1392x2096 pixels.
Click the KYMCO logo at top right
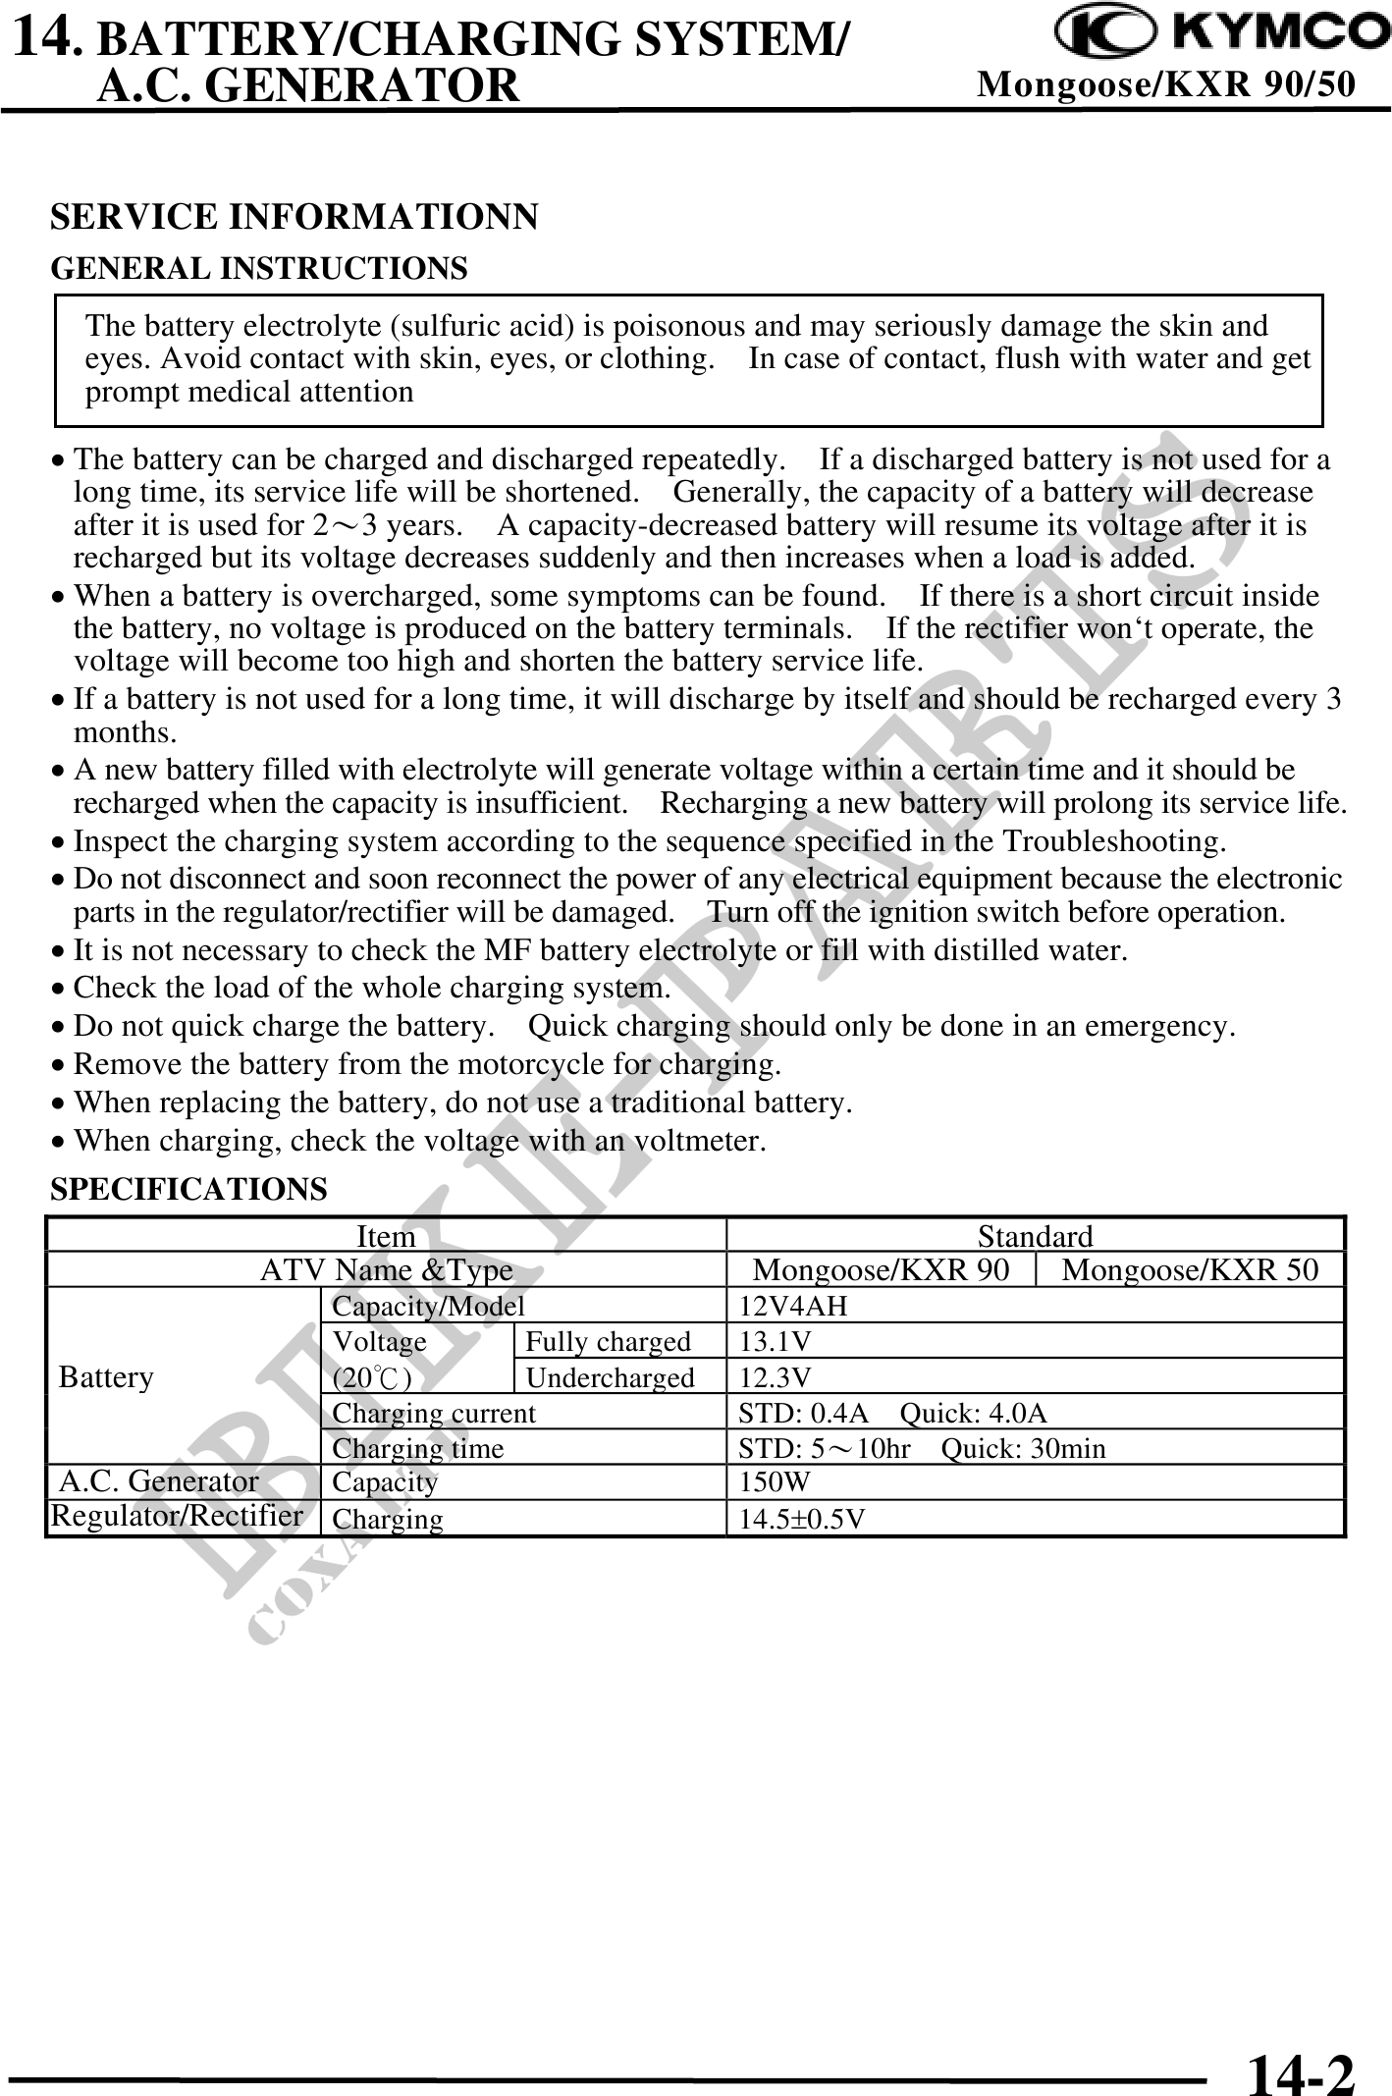(1221, 35)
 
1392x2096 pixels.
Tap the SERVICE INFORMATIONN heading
(294, 217)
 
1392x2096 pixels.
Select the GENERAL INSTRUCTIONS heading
(259, 268)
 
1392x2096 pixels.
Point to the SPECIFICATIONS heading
(188, 1189)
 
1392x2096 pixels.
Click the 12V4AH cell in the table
(793, 1306)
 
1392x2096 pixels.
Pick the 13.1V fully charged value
(775, 1341)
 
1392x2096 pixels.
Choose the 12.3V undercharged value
(775, 1377)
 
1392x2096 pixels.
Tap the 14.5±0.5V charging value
(802, 1519)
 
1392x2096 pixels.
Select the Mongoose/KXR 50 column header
(1190, 1269)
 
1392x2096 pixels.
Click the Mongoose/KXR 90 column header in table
(881, 1269)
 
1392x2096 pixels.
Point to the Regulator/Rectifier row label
(177, 1516)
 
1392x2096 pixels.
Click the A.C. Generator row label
(160, 1480)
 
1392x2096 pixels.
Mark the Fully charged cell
(609, 1341)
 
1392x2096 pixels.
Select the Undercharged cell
(611, 1377)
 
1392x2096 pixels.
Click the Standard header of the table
(1035, 1236)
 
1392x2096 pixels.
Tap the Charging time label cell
(418, 1448)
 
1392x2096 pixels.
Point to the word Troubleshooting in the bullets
(1112, 841)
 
